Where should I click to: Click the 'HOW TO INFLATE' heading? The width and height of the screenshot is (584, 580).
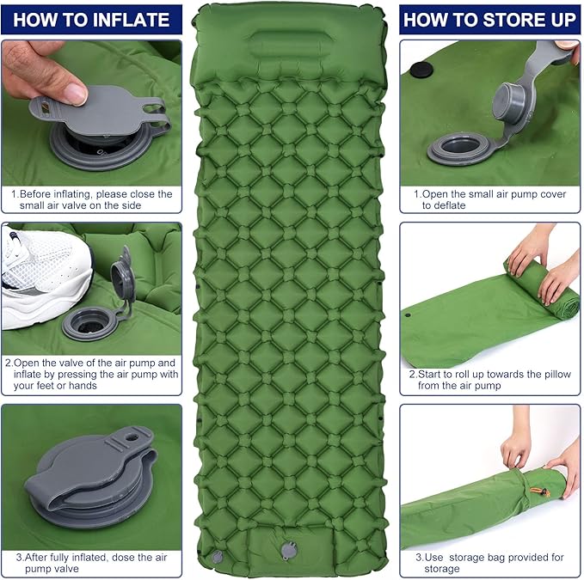[91, 19]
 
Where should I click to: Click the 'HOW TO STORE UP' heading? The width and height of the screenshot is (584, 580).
[489, 19]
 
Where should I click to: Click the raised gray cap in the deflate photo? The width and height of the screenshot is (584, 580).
[517, 95]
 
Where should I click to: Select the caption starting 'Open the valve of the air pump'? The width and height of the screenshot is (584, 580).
[95, 374]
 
